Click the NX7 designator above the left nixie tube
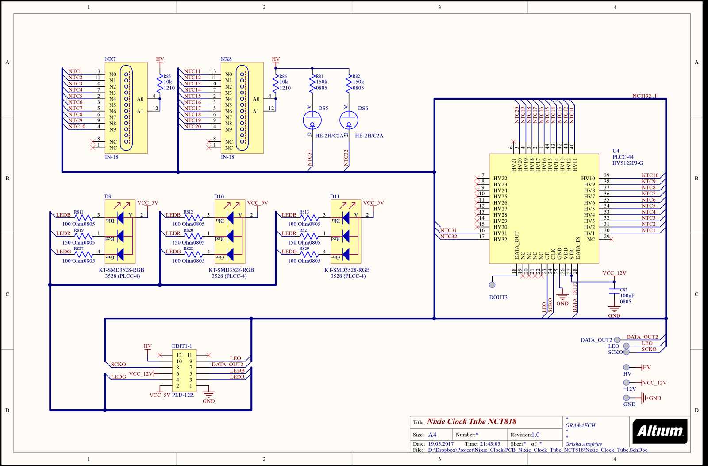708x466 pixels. tap(110, 59)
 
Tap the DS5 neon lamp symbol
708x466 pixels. tap(312, 120)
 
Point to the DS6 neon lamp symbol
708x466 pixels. tap(349, 120)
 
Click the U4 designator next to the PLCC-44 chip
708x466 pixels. tap(616, 151)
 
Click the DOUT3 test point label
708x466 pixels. tap(498, 297)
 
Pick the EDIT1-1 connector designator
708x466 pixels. tap(181, 346)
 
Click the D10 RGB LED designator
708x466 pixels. tap(219, 196)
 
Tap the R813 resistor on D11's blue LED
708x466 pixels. tap(309, 218)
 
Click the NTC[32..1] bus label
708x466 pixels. tap(645, 96)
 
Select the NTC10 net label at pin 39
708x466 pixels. tap(650, 175)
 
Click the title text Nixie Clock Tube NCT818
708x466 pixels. tap(471, 422)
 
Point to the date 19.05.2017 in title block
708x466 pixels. tap(440, 443)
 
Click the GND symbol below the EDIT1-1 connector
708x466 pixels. tap(208, 394)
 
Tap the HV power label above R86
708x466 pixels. tap(276, 59)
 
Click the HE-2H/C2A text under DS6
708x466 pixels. tap(369, 136)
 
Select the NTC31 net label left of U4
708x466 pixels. tap(448, 230)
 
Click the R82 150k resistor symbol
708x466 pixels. tap(349, 82)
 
